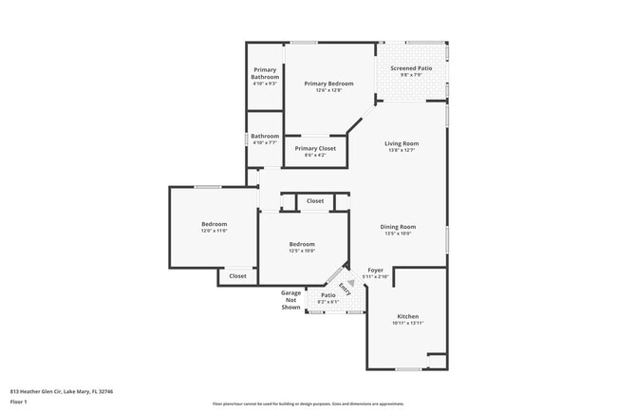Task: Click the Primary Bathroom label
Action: (265, 74)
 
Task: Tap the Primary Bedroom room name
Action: (328, 84)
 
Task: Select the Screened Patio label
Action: (411, 68)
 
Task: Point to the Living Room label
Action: (402, 143)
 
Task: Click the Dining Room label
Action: (398, 226)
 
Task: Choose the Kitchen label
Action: (407, 316)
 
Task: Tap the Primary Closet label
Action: (315, 148)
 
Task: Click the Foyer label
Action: (375, 271)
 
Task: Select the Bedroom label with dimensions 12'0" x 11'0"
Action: (214, 224)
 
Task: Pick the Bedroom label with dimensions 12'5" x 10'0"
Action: (302, 244)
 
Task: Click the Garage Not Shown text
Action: (290, 300)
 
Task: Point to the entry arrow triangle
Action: (348, 283)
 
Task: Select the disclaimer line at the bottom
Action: (307, 403)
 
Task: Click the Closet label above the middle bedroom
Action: (315, 201)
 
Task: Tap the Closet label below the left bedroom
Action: (237, 276)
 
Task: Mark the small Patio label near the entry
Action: (327, 295)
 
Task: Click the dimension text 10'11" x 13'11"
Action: (407, 324)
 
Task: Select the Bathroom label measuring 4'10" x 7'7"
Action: (265, 136)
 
